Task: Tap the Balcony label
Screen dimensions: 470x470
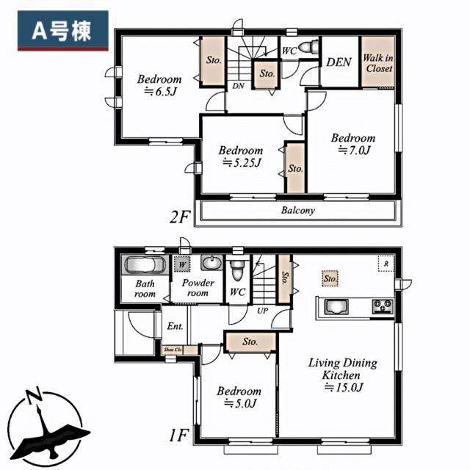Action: [x=297, y=211]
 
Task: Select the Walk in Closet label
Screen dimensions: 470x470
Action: [x=379, y=63]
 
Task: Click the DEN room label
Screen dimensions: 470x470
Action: [x=339, y=62]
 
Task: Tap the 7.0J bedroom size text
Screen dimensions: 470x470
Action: [x=353, y=150]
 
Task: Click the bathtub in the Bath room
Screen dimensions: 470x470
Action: [x=144, y=265]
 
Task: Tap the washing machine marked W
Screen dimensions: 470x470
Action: [x=181, y=263]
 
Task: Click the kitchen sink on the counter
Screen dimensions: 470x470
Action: [x=335, y=307]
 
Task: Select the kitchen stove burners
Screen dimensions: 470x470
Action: [x=383, y=305]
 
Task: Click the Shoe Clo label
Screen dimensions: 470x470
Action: [x=173, y=350]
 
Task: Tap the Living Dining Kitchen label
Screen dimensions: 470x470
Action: [x=342, y=369]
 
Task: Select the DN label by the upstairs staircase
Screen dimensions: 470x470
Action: [x=238, y=86]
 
